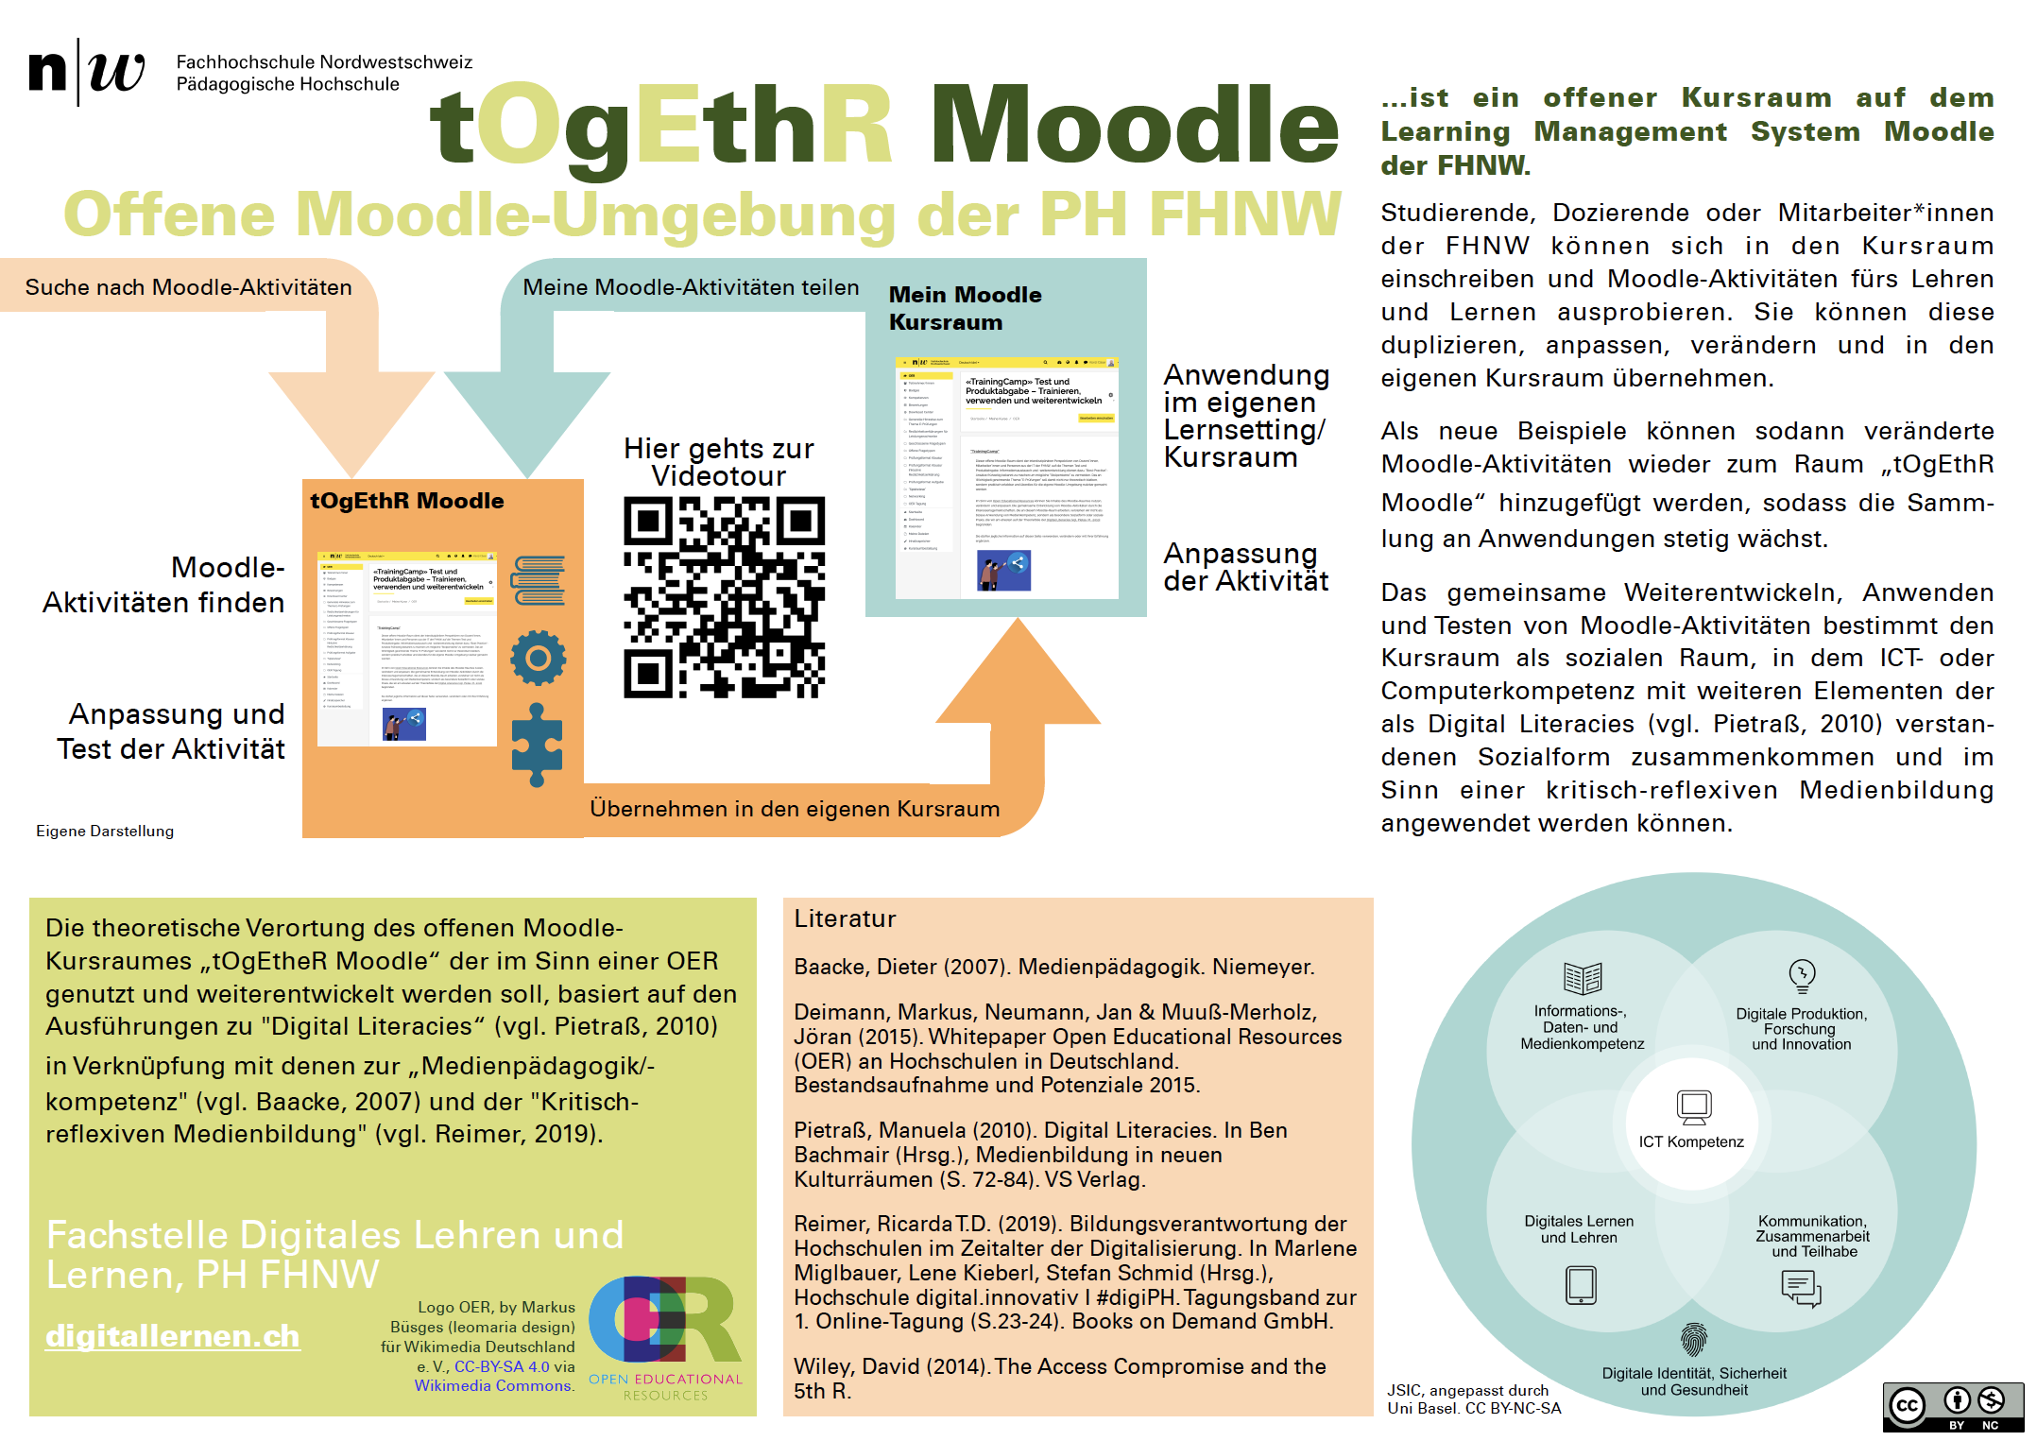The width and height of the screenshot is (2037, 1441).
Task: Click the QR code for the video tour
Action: [x=724, y=597]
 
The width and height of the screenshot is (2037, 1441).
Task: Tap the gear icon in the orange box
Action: [x=539, y=658]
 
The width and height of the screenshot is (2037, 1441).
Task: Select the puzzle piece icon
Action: [x=537, y=745]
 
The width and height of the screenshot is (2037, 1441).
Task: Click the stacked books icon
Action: [x=539, y=580]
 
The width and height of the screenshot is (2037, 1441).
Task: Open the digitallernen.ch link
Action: [x=173, y=1335]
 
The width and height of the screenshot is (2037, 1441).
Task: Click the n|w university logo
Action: [x=87, y=72]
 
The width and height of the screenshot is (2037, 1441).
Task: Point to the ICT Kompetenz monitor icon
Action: [x=1693, y=1106]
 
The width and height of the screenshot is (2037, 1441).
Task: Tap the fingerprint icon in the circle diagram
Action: [x=1694, y=1340]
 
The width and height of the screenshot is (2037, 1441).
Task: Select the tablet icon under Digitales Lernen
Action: [x=1581, y=1285]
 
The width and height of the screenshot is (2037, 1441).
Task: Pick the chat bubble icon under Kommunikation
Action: [x=1801, y=1288]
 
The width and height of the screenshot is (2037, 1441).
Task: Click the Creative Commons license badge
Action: [x=1952, y=1407]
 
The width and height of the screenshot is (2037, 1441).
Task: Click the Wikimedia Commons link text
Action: [x=493, y=1385]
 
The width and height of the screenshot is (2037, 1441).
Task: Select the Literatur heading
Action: [x=845, y=918]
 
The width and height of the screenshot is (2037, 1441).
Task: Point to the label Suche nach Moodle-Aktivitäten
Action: [x=188, y=287]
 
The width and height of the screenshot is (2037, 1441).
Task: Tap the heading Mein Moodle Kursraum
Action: [x=965, y=308]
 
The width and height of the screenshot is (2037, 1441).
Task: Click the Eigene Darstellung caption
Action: [x=105, y=831]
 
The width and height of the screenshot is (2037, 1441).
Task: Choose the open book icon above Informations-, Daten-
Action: [x=1583, y=978]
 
